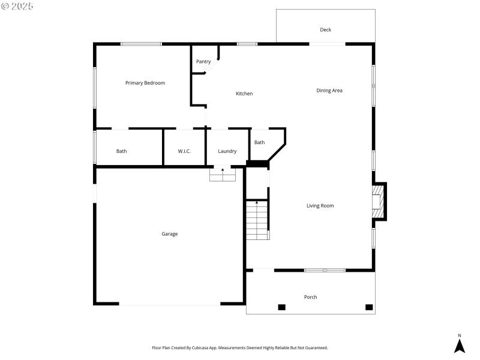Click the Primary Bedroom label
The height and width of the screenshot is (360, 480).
click(x=145, y=83)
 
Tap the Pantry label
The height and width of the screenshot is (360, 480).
click(x=203, y=61)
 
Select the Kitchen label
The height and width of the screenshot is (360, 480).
click(x=244, y=94)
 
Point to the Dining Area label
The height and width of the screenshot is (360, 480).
click(x=329, y=91)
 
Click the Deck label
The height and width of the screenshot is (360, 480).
click(x=325, y=29)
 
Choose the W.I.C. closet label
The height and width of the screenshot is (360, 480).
click(x=184, y=151)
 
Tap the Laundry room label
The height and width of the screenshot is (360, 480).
click(x=227, y=151)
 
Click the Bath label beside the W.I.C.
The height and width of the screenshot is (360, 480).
click(x=122, y=151)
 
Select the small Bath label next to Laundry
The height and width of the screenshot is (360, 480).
click(x=259, y=142)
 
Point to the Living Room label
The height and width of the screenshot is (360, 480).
click(x=320, y=206)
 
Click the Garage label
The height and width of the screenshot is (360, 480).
click(x=170, y=234)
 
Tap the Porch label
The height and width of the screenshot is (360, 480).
click(x=310, y=297)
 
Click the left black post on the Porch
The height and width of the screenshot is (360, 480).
click(x=281, y=307)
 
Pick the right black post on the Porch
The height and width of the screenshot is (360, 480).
click(x=369, y=307)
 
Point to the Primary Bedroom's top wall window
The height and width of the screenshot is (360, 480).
click(x=141, y=44)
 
